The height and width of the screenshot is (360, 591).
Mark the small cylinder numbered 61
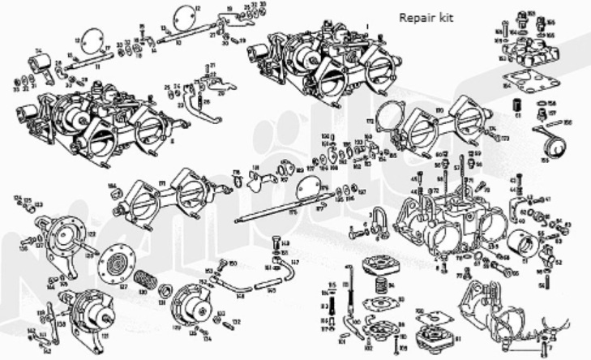click(x=513, y=105)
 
